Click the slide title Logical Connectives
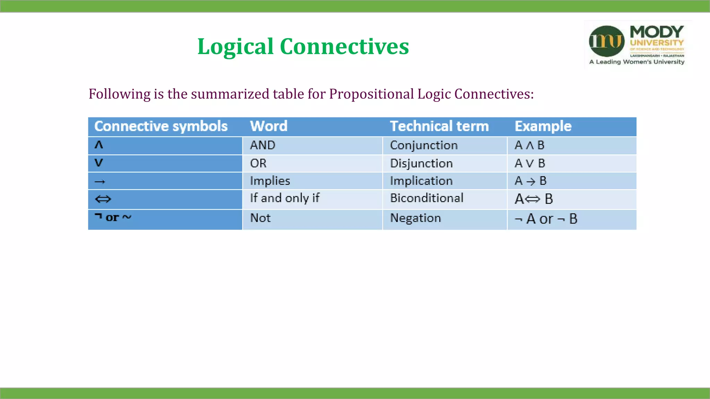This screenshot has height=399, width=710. coord(303,46)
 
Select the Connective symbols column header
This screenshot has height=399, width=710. coord(161,126)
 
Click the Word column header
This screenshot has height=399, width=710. coord(269,126)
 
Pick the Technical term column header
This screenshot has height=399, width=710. coord(439,126)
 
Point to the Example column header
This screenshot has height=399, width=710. coord(543,126)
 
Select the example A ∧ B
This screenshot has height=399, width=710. coord(529,145)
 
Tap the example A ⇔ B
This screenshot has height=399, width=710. coord(534,199)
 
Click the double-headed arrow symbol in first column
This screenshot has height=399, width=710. coord(103,199)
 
